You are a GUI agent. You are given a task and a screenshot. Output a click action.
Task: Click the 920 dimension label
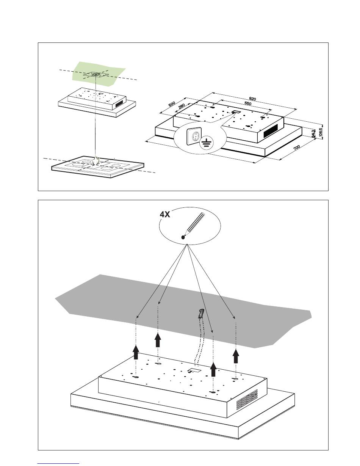tap(253, 99)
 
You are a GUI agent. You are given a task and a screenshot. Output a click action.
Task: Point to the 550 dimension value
tap(248, 104)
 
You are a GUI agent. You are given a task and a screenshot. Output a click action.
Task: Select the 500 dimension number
tap(172, 104)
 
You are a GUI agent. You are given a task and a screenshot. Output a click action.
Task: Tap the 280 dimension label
tap(182, 107)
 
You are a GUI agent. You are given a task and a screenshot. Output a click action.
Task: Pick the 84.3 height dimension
tap(313, 133)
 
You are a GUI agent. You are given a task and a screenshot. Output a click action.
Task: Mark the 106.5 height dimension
tap(321, 132)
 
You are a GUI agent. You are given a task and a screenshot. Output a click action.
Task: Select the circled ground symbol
tap(206, 143)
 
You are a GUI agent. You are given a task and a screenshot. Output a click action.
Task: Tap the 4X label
tap(165, 214)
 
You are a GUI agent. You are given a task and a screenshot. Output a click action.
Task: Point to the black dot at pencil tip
tap(183, 237)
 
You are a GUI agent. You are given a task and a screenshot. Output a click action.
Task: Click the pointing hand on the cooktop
tap(97, 161)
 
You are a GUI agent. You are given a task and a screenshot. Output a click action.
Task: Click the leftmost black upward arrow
tap(136, 353)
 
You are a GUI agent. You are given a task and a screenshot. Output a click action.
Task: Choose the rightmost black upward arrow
tap(236, 356)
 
